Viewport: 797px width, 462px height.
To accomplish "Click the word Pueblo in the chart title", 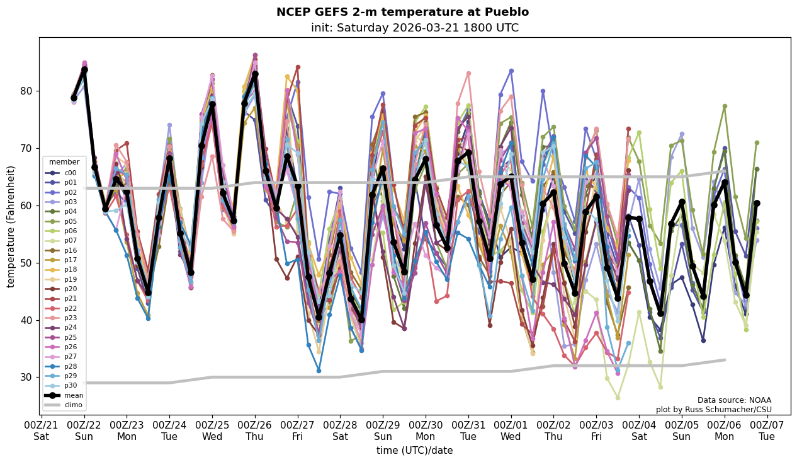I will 506,12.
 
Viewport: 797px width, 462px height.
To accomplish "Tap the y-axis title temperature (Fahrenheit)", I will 11,226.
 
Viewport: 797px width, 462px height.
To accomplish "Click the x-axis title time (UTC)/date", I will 414,450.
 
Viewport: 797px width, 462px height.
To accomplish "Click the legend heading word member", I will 64,162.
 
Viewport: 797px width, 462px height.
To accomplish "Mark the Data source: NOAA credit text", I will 734,400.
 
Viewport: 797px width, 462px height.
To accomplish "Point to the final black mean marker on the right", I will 756,204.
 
